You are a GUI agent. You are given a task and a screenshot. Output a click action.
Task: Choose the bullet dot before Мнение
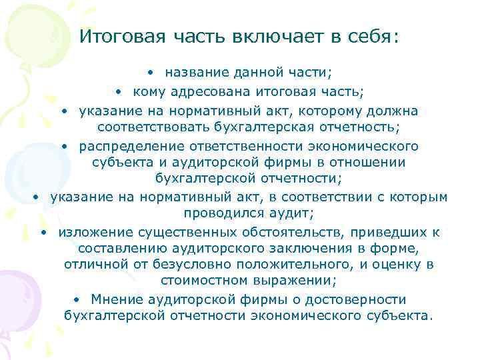click(x=78, y=300)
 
